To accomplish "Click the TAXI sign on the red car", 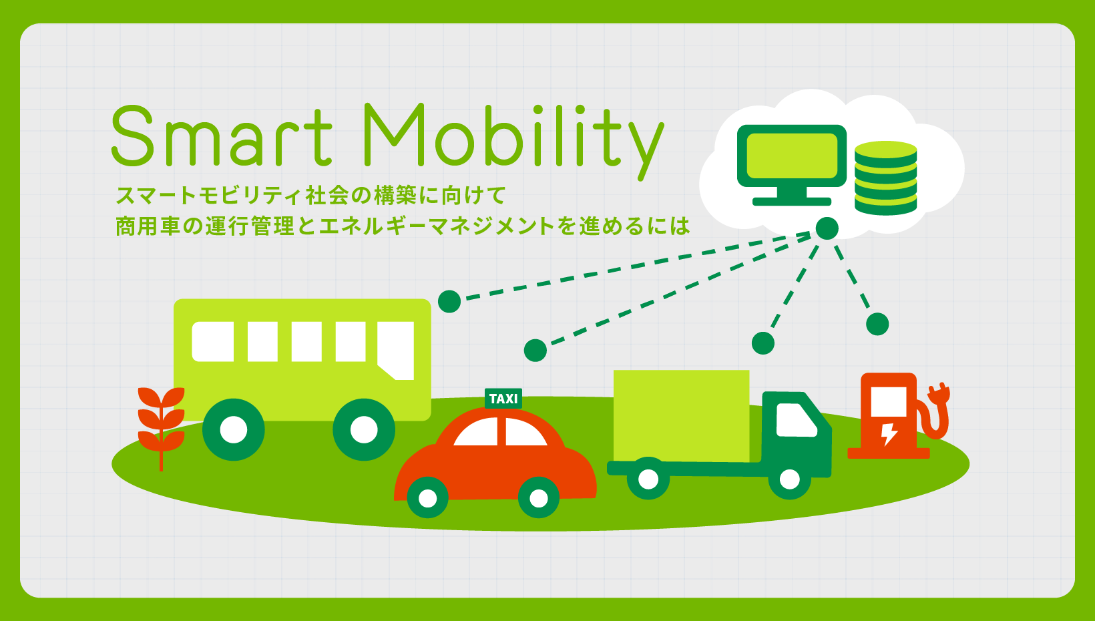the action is tap(503, 399).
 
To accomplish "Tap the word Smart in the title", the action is tap(222, 136).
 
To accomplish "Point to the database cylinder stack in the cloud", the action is tap(885, 178).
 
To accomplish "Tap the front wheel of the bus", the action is tap(364, 430).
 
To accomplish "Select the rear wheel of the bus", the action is tap(234, 430).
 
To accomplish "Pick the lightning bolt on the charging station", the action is tap(889, 434).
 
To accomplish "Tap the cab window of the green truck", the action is tap(796, 419).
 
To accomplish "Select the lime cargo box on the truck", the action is tap(682, 416).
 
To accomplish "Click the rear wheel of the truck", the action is tap(648, 479).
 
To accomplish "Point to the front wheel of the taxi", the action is tap(539, 497).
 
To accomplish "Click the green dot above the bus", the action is tap(449, 301).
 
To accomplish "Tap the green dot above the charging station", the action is tap(877, 325).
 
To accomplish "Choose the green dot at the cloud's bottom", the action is tap(827, 228).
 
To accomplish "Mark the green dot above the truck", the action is tap(763, 343).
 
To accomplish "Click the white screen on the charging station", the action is tap(889, 401).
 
